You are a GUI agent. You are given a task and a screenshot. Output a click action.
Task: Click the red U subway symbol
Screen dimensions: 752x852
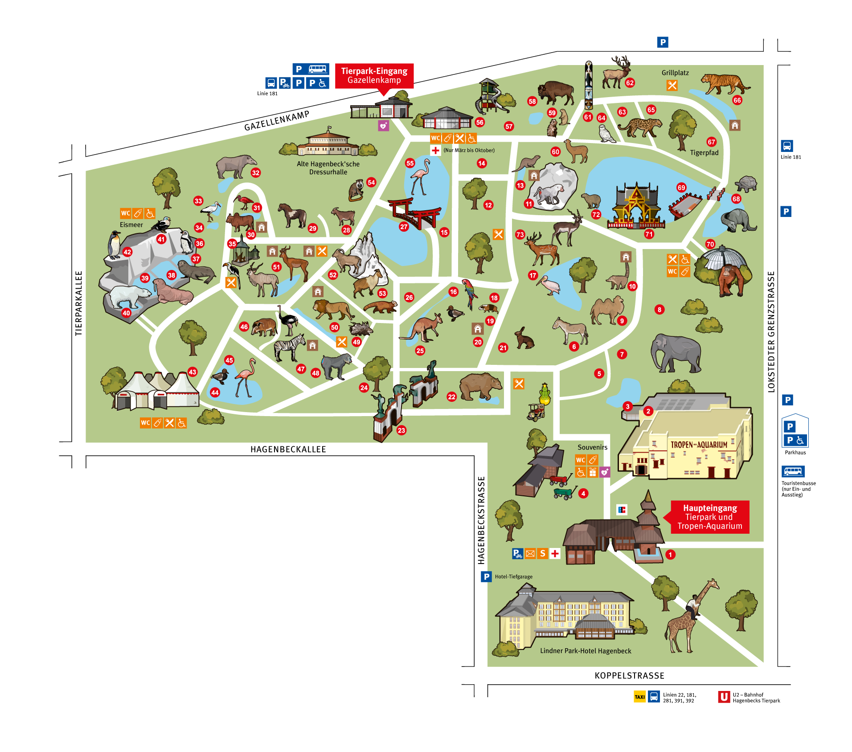click(x=724, y=697)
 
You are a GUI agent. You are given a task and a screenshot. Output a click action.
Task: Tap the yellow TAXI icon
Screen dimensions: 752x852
click(x=639, y=697)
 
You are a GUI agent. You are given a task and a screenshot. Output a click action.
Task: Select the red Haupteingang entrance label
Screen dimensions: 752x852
click(x=709, y=517)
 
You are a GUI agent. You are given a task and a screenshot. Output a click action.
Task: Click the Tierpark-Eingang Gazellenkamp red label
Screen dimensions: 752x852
click(x=374, y=75)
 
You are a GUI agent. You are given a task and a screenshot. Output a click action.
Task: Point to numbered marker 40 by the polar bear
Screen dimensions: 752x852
click(x=127, y=313)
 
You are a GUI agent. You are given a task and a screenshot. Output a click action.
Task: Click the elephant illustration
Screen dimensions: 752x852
click(x=676, y=352)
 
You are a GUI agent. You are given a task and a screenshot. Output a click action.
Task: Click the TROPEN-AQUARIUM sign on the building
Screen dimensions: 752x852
click(x=699, y=445)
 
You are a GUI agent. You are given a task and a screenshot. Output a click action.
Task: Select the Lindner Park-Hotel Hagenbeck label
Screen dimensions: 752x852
click(x=586, y=651)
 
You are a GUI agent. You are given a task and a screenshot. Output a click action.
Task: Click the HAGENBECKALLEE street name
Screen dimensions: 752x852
click(x=288, y=449)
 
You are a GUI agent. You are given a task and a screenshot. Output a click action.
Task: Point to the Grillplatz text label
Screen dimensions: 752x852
click(x=675, y=73)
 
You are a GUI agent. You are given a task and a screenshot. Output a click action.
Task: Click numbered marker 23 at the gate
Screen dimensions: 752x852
click(x=401, y=430)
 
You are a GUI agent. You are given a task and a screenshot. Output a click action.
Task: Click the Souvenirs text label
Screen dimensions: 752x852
click(x=592, y=447)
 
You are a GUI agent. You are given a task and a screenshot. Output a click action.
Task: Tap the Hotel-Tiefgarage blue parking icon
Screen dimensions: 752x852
click(x=486, y=576)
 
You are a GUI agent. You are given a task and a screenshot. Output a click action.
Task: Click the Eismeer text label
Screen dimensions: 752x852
click(x=131, y=225)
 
